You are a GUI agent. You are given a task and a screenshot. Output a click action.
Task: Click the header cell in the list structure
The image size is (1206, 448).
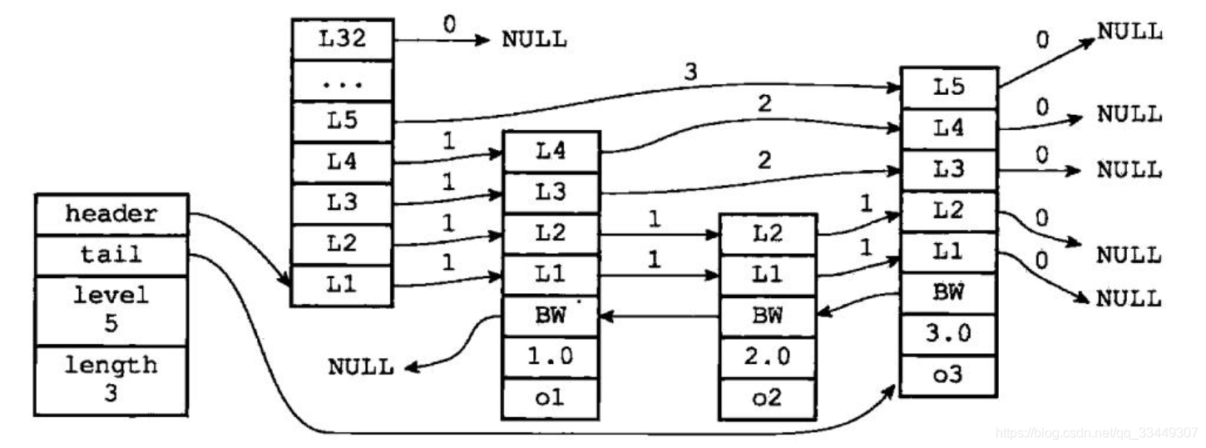point(111,214)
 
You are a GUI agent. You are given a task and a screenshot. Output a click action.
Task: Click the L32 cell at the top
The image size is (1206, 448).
point(342,39)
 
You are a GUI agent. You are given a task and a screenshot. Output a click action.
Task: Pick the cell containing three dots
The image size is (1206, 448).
point(342,80)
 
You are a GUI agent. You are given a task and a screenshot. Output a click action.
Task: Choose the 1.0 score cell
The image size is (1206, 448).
point(550,358)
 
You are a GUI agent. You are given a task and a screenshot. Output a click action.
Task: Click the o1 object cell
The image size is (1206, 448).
point(550,398)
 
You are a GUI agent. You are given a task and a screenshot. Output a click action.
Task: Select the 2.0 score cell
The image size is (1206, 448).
point(768,358)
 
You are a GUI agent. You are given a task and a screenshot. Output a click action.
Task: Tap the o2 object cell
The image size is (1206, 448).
point(768,398)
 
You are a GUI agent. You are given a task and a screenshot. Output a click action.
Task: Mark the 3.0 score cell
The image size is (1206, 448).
point(948,334)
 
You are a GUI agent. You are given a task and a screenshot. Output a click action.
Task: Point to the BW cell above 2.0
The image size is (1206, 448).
point(768,316)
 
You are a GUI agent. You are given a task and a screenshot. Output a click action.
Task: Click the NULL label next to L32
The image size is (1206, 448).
point(534,40)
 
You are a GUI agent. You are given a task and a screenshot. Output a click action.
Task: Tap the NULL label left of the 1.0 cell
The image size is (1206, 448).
point(360,367)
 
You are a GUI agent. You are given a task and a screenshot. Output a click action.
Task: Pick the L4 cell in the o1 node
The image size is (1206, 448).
point(550,152)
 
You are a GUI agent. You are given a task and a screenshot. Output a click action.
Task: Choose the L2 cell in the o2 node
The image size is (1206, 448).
point(768,236)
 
